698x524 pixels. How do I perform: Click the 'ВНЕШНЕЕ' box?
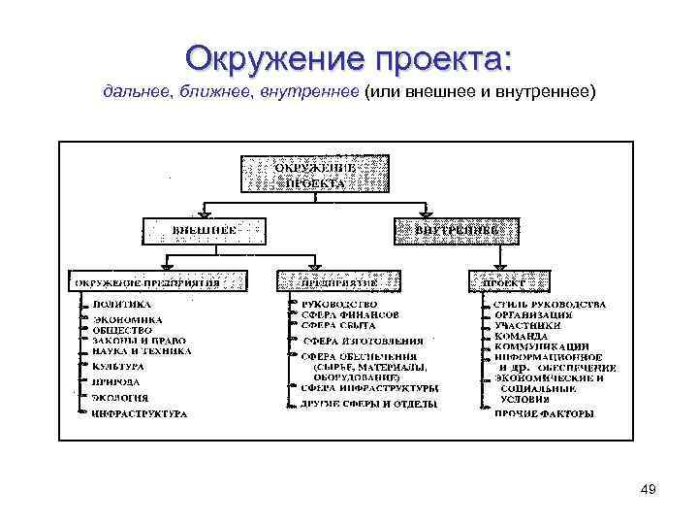pyautogui.click(x=205, y=231)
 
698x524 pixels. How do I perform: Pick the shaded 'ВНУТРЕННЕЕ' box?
pyautogui.click(x=455, y=231)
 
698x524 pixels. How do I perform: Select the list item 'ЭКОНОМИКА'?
pyautogui.click(x=127, y=318)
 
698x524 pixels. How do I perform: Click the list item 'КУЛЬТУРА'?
pyautogui.click(x=118, y=367)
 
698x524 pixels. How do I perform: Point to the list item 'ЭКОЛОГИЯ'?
pyautogui.click(x=120, y=398)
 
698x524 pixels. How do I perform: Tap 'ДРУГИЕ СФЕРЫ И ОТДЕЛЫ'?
pyautogui.click(x=369, y=403)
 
